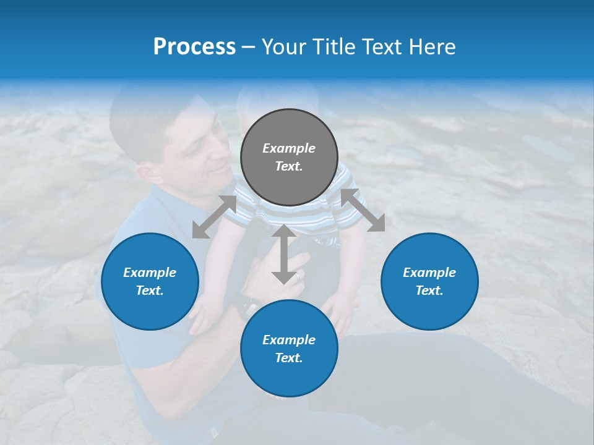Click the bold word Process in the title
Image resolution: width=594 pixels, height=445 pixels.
pos(194,47)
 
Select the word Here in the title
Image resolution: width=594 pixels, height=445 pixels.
pos(432,47)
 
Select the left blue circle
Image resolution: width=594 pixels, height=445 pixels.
pos(150,281)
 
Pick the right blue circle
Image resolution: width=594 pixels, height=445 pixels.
pos(429,281)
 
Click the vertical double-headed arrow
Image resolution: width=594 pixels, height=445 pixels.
pos(283,254)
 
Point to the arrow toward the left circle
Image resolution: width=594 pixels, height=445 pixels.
pos(214,217)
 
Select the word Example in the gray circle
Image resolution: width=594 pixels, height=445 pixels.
pos(289,148)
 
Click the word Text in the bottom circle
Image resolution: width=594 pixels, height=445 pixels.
pos(289,358)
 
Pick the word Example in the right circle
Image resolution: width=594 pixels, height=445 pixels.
pos(429,273)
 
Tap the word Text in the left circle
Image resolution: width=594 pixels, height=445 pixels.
pos(150,290)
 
